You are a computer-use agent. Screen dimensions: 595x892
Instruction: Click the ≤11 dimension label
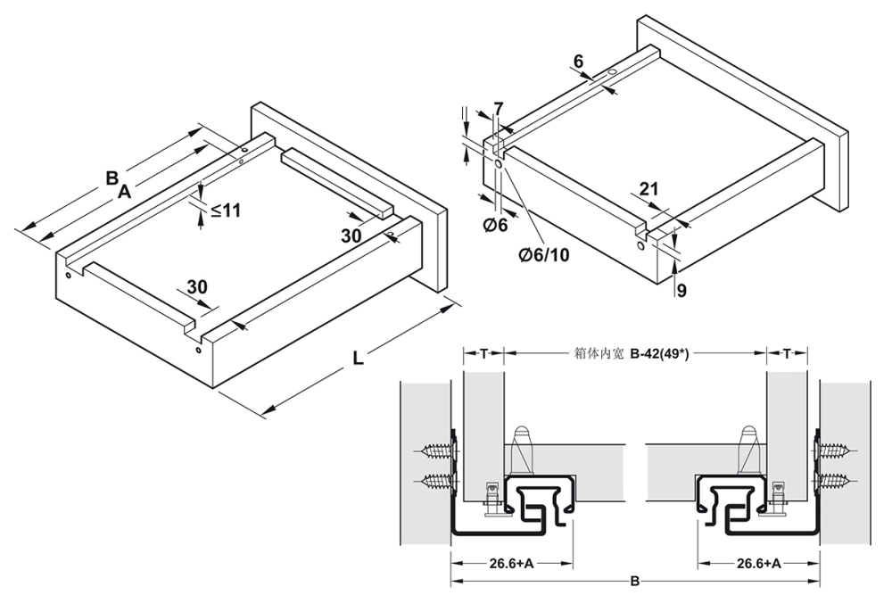pos(226,211)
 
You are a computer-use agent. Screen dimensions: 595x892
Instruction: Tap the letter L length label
pos(357,359)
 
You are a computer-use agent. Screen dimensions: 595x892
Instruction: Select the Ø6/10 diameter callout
pos(543,255)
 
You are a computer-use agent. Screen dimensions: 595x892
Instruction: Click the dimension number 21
pos(649,188)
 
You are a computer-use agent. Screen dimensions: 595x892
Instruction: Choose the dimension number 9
pos(681,290)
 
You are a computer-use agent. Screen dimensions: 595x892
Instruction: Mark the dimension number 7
pos(498,108)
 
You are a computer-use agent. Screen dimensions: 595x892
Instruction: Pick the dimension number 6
pos(578,62)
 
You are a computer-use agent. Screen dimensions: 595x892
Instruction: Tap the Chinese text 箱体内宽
pos(601,352)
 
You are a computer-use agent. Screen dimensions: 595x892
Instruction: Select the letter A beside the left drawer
pos(124,190)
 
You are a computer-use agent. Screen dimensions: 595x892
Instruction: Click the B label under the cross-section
pos(634,582)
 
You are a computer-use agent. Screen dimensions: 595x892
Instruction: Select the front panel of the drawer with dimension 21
pos(740,117)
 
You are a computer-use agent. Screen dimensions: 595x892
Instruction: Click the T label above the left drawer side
pos(483,352)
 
